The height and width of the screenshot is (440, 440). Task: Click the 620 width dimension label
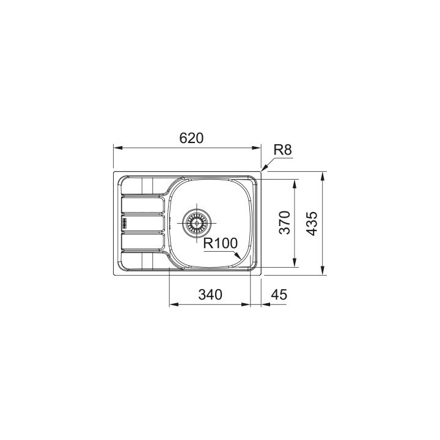pyautogui.click(x=191, y=138)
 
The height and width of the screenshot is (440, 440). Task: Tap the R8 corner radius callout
pyautogui.click(x=282, y=150)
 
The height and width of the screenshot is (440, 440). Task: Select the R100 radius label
pyautogui.click(x=220, y=243)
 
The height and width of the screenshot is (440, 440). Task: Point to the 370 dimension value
pyautogui.click(x=285, y=222)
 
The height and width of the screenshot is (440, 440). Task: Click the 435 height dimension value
pyautogui.click(x=312, y=224)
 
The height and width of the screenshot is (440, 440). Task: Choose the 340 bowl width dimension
pyautogui.click(x=210, y=295)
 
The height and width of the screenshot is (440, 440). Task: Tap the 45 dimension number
pyautogui.click(x=279, y=295)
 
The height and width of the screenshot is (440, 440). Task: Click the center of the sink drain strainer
pyautogui.click(x=197, y=223)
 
